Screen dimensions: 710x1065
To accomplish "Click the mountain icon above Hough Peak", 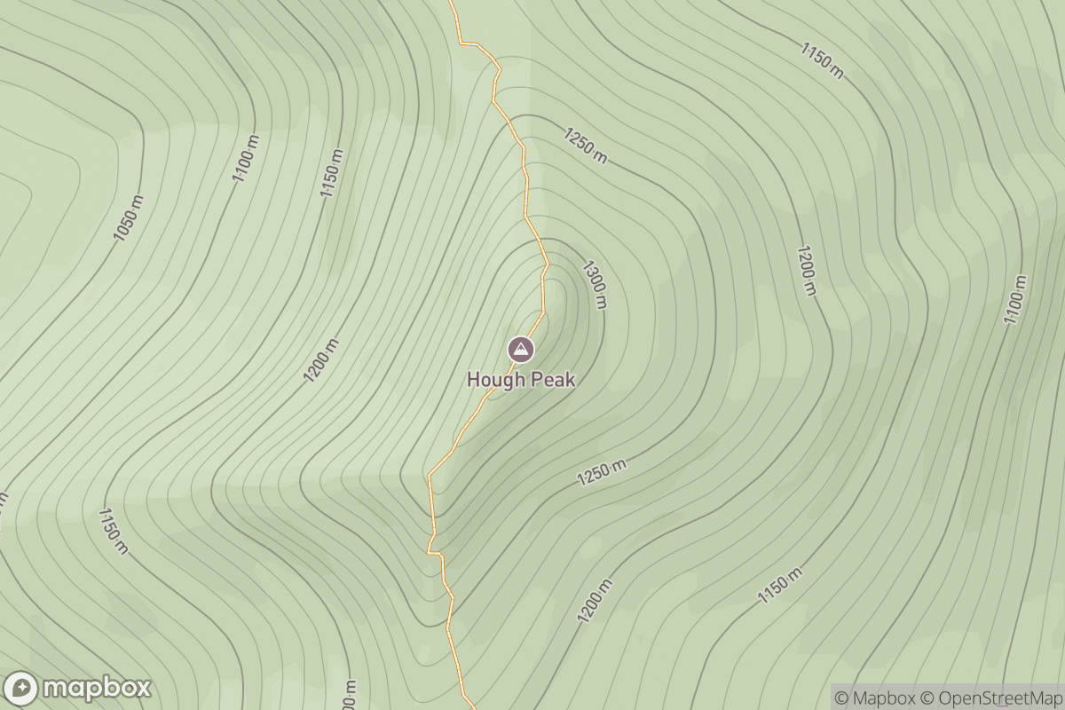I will (521, 350).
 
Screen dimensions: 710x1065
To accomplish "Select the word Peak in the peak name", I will (552, 380).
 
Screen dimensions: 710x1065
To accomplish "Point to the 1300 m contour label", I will (594, 284).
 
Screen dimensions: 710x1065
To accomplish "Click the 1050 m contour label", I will (129, 218).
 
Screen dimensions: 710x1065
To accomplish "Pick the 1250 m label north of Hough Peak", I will (586, 146).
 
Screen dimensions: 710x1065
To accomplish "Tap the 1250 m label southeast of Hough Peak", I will (602, 473).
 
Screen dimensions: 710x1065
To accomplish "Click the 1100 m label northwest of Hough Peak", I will (247, 158).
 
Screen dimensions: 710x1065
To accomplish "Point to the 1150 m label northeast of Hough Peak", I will (822, 59).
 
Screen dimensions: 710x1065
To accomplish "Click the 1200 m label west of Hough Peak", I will (321, 360).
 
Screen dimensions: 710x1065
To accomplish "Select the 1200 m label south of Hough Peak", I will (595, 600).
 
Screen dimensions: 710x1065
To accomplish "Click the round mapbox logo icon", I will (20, 689).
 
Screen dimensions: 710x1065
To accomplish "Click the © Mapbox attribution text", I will (874, 698).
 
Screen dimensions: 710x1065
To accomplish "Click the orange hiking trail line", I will (525, 186).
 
